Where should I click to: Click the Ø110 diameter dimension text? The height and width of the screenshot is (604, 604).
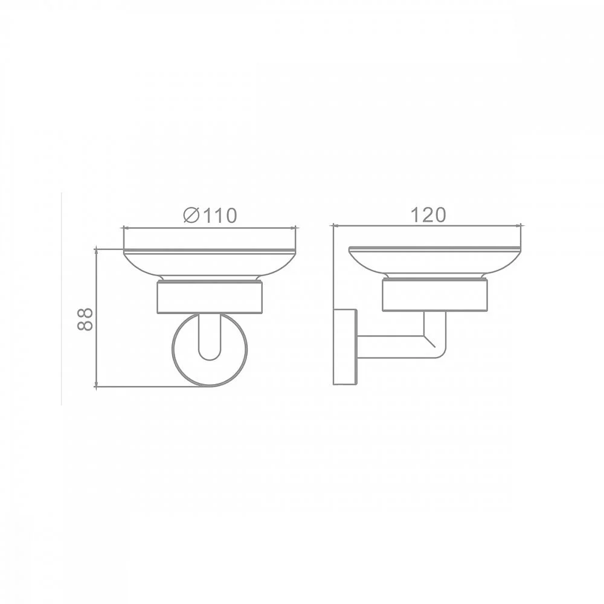click(210, 216)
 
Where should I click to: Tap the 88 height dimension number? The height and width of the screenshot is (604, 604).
click(85, 319)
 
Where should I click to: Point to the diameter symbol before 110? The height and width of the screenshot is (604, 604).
click(191, 216)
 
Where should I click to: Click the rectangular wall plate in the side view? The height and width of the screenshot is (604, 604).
click(345, 346)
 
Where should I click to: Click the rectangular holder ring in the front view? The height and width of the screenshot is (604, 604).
click(210, 297)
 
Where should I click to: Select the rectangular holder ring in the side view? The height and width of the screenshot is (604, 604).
click(435, 295)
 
